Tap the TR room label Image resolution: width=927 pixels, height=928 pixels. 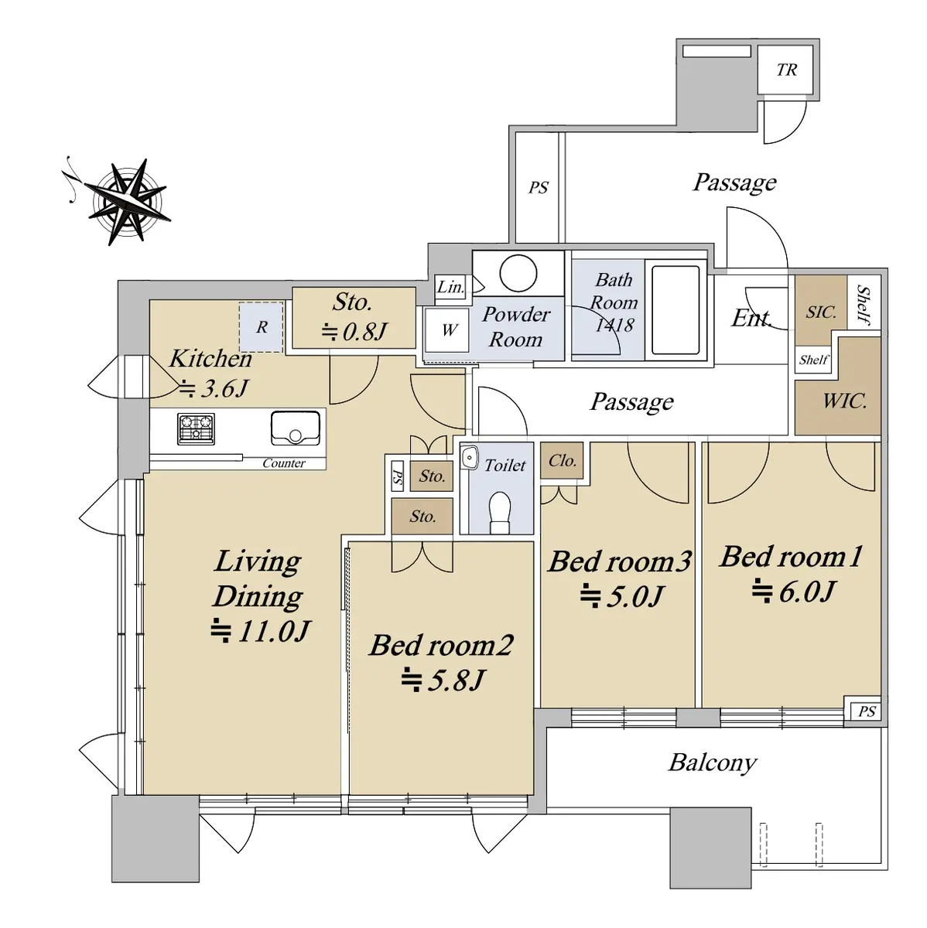(787, 70)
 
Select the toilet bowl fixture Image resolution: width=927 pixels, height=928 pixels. (500, 513)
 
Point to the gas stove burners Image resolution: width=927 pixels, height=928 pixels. (197, 428)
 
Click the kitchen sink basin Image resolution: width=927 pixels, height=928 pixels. (296, 428)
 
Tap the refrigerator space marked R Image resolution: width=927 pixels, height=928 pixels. (262, 327)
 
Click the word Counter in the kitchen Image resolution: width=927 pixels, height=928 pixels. (284, 463)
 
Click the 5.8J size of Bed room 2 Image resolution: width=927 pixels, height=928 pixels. (443, 681)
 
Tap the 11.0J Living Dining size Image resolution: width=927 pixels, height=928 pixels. (260, 631)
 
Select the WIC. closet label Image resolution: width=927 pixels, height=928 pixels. (844, 401)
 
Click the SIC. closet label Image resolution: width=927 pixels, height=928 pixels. (821, 312)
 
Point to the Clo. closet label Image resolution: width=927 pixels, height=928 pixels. (562, 461)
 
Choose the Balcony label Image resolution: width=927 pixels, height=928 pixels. (713, 763)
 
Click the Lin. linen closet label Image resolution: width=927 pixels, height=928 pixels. (450, 288)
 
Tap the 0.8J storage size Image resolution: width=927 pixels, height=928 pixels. (354, 331)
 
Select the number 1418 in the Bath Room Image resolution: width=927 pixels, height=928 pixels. (614, 326)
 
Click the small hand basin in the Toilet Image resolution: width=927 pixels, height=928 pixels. (469, 457)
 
